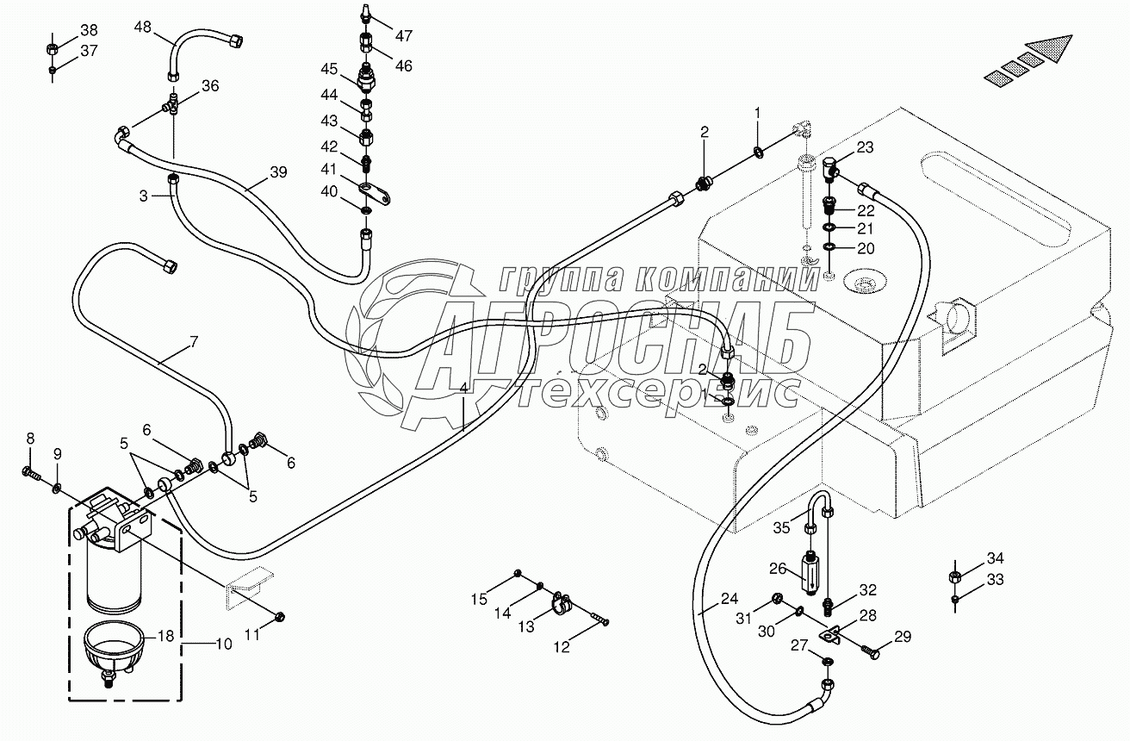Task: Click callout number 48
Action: [142, 27]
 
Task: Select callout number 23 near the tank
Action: [865, 147]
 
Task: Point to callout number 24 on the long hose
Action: [730, 599]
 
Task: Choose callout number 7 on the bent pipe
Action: [194, 342]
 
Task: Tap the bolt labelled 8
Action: [32, 471]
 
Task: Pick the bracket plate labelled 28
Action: [832, 636]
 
